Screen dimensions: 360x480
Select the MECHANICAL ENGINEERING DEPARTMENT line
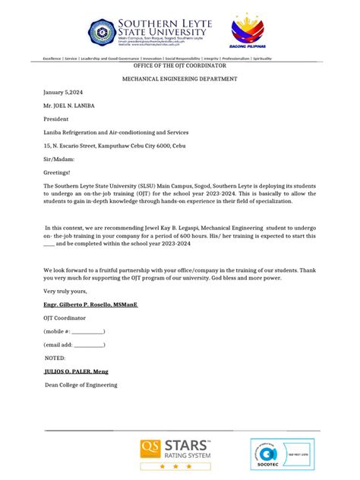pyautogui.click(x=180, y=79)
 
